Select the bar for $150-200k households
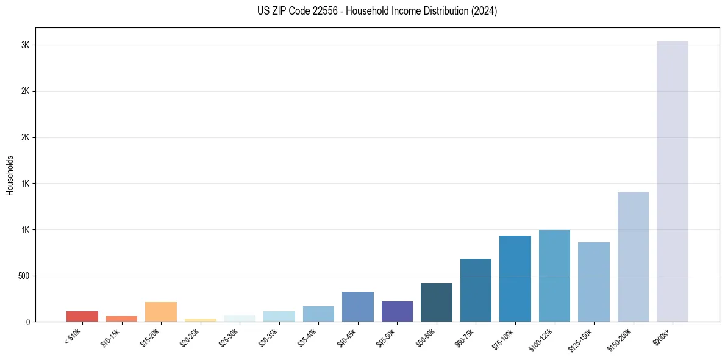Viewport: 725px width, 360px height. [x=633, y=257]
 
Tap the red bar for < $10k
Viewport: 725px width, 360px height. [x=82, y=316]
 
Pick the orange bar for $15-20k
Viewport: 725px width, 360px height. [x=161, y=312]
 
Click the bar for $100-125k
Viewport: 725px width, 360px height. [x=554, y=276]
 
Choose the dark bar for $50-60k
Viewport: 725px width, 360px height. [x=437, y=302]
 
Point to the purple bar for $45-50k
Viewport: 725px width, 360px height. [x=397, y=311]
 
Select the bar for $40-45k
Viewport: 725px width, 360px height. [x=358, y=306]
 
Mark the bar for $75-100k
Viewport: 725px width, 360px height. [x=515, y=278]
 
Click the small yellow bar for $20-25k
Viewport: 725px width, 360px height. [x=201, y=320]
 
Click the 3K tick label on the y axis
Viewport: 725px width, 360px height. [x=25, y=45]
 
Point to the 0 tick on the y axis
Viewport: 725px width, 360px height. [x=27, y=322]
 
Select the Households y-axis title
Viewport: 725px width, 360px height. [x=10, y=175]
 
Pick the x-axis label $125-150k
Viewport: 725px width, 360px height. [x=582, y=338]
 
